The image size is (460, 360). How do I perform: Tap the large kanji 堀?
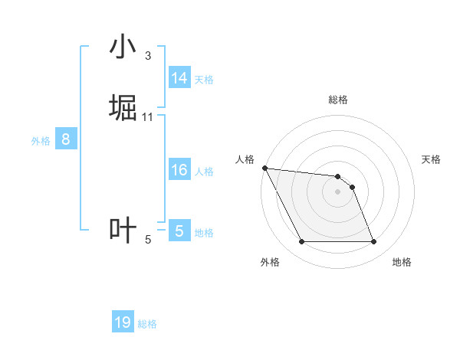pos(123,108)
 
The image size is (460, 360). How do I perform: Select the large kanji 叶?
pos(123,231)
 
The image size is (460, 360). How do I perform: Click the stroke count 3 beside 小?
pos(147,55)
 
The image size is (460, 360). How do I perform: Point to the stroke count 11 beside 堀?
pos(148,116)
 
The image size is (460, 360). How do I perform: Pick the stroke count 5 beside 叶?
pos(148,240)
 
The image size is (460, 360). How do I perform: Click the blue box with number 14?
pos(179,78)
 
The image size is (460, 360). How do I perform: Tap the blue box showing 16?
pos(179,170)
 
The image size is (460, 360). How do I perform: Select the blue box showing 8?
pos(66,139)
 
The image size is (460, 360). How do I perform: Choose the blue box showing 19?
pos(123,322)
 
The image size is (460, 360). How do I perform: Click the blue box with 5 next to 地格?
pos(179,231)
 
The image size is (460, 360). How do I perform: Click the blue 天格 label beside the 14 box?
pos(204,79)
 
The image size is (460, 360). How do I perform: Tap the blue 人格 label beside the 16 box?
pos(204,171)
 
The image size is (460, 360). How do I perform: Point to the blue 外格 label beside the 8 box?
pos(41,140)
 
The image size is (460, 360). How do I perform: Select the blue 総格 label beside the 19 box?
pos(147,324)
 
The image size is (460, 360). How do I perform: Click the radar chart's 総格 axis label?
pos(338,100)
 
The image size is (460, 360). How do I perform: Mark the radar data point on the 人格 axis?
pos(264,168)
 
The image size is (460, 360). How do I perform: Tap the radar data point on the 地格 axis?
pos(373,242)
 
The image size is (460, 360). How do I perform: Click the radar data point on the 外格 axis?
pos(302,242)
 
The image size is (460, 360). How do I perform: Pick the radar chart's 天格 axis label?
pos(431,159)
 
